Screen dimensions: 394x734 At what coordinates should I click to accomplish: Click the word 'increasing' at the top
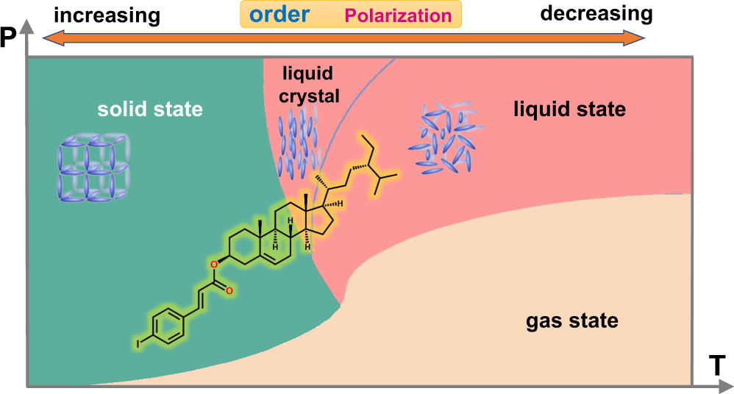tap(107, 14)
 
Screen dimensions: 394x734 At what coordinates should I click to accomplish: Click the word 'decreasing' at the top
tap(596, 13)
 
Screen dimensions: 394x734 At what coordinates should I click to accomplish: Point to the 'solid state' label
tap(150, 110)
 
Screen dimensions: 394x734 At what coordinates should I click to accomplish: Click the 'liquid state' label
tap(569, 110)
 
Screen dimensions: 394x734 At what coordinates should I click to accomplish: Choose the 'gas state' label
tap(571, 321)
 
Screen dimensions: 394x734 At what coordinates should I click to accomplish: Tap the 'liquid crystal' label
tap(307, 85)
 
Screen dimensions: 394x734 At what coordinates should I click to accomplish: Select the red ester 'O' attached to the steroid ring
tap(214, 263)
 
